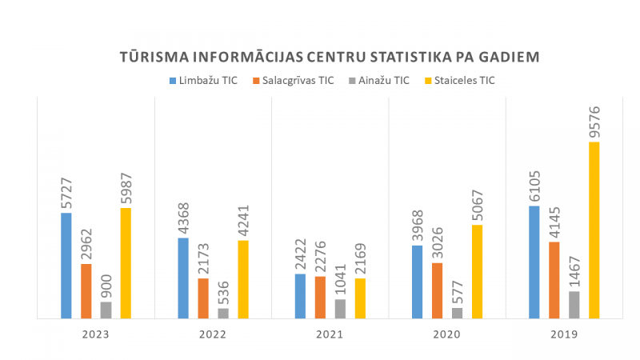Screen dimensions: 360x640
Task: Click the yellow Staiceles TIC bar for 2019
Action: (x=594, y=230)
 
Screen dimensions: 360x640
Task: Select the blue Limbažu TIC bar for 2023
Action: (x=66, y=266)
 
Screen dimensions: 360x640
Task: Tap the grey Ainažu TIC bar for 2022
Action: (x=223, y=314)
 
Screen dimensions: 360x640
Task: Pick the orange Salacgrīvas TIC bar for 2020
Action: (x=437, y=290)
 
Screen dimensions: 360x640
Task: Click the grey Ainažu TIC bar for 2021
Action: (x=340, y=309)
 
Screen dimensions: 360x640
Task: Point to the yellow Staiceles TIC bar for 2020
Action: (x=477, y=271)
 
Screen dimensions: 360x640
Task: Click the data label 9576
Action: (x=594, y=121)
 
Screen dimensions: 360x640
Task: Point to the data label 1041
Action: (x=340, y=278)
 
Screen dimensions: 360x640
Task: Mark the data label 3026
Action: (x=437, y=242)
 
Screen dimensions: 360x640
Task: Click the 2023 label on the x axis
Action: (x=96, y=335)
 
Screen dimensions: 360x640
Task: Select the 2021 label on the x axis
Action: (x=330, y=335)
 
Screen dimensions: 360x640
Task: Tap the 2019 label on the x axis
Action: (x=565, y=335)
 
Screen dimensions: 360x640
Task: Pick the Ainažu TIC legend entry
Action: (x=379, y=80)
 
